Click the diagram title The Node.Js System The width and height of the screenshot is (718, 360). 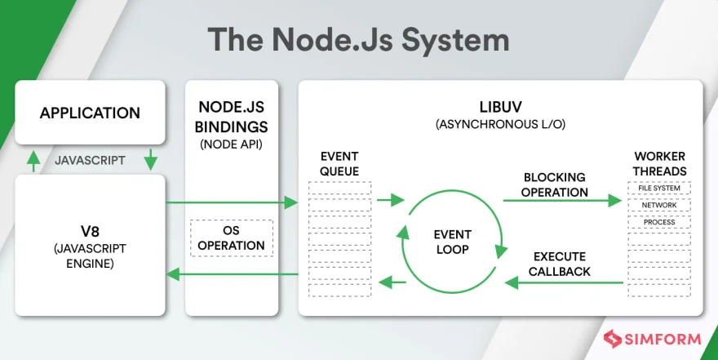[358, 38]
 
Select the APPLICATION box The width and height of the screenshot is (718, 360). [90, 113]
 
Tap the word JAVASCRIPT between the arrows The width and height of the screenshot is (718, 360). [90, 161]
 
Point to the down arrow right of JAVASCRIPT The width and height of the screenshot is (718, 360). [150, 161]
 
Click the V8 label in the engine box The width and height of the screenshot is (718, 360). [90, 227]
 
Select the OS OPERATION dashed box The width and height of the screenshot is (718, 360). [232, 238]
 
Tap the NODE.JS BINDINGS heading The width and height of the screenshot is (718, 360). [232, 117]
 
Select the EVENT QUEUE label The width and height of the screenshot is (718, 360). [339, 163]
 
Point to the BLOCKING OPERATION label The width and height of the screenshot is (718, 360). [556, 184]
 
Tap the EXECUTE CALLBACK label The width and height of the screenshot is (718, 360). [559, 263]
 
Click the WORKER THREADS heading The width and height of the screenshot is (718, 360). [659, 163]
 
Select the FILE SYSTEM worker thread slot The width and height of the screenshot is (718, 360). [659, 189]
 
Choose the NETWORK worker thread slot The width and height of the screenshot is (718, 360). [659, 205]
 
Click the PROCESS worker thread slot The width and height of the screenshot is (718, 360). [659, 222]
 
